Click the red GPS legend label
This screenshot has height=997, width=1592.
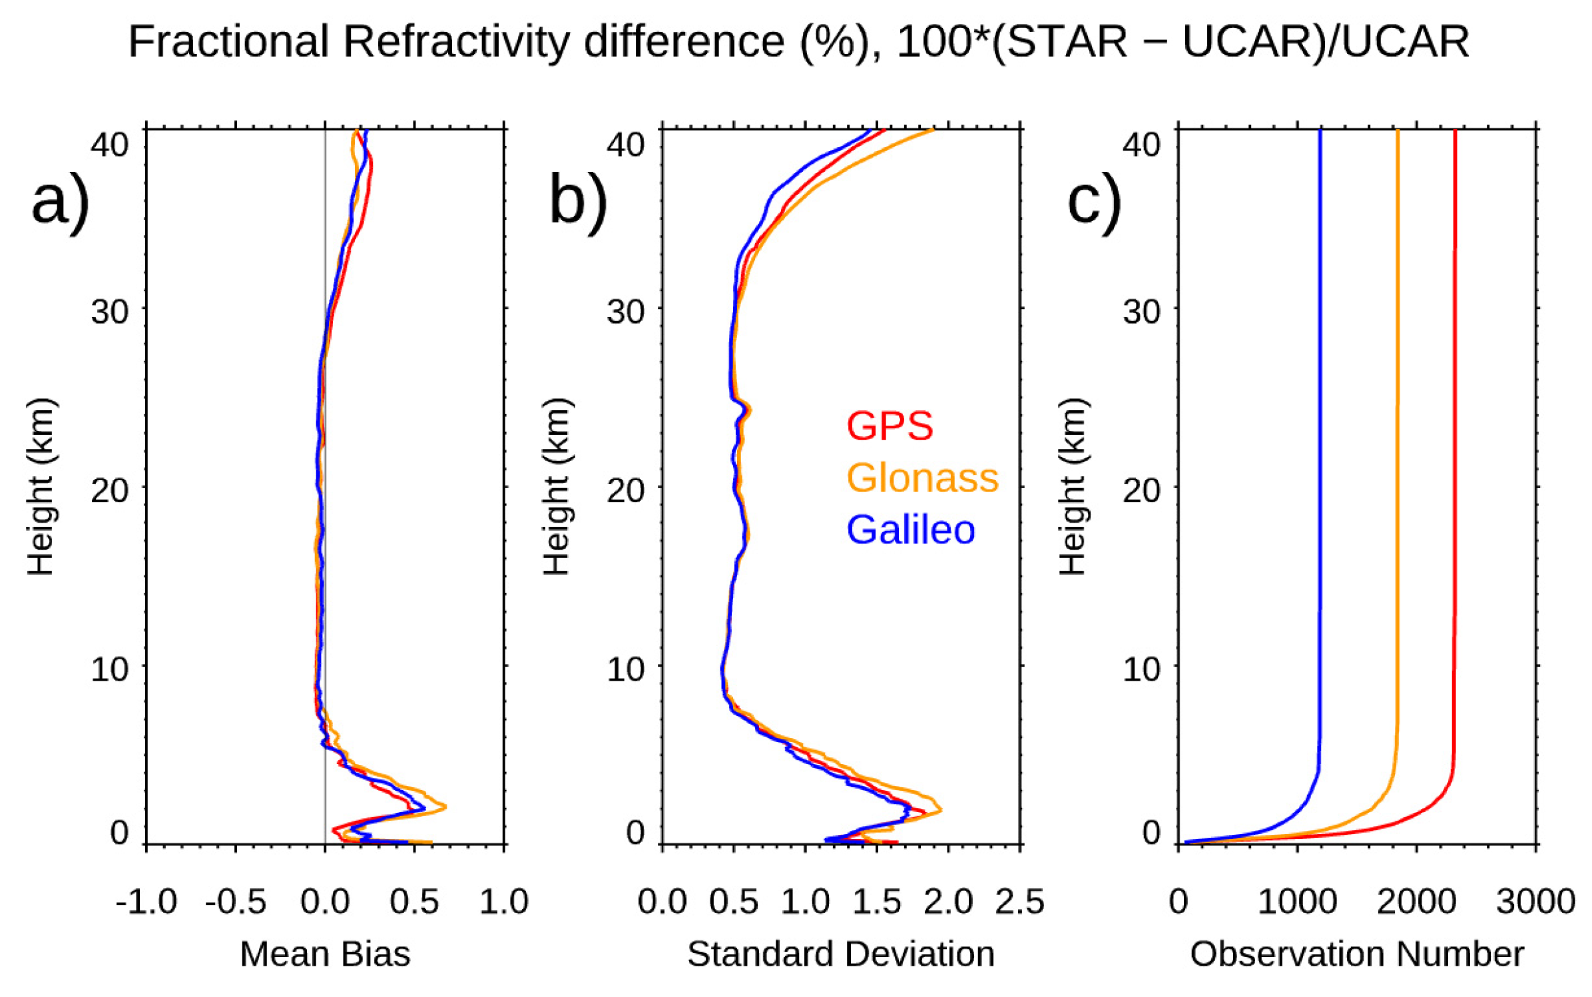889,426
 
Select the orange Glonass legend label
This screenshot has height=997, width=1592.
922,478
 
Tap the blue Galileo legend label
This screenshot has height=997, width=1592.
910,530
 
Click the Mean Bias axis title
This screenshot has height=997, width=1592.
325,954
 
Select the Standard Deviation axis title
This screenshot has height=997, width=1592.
841,954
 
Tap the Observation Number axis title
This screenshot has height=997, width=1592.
1357,954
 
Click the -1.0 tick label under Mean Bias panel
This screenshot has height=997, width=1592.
146,902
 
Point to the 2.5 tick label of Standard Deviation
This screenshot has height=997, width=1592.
1019,902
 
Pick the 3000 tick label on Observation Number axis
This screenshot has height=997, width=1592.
1535,902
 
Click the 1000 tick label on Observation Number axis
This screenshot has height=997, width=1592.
1297,902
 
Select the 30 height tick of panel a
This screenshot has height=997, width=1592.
110,311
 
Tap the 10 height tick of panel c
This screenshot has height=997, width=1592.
1141,668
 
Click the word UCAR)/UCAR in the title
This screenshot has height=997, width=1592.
1325,41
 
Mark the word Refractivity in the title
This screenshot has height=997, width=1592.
456,41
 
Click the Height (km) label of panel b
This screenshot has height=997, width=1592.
557,486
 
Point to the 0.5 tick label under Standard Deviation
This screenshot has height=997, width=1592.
733,902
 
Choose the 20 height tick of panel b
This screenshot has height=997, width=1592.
625,490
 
